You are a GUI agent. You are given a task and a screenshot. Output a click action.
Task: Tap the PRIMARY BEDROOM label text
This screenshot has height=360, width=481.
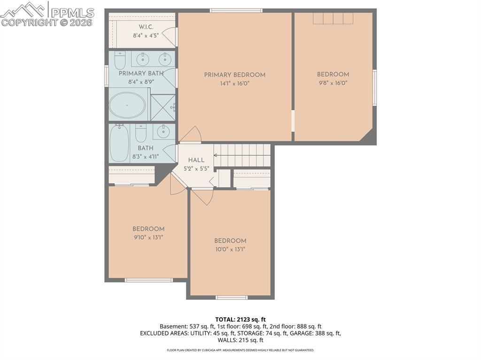[234, 75]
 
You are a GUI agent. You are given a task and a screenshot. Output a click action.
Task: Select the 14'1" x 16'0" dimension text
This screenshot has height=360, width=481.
[234, 84]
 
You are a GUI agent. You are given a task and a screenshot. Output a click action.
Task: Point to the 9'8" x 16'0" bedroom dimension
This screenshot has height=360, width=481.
[333, 83]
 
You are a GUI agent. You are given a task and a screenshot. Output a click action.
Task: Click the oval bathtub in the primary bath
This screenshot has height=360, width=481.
[127, 105]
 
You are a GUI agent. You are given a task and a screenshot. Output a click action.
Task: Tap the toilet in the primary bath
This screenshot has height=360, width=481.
[120, 60]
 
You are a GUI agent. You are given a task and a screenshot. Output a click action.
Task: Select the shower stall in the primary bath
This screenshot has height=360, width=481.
[163, 107]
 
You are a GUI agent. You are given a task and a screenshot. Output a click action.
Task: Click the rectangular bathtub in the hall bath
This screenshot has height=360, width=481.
[119, 143]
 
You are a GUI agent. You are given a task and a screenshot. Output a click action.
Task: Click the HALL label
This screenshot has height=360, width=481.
[196, 160]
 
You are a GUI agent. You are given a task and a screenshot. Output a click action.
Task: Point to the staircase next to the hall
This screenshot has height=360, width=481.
[242, 155]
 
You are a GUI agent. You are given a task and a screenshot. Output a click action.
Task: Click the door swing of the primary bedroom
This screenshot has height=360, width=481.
[191, 135]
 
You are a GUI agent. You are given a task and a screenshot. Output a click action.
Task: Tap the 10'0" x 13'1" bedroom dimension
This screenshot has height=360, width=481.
[230, 249]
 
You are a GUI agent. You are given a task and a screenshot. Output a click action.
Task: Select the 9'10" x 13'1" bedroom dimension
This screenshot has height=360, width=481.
[148, 237]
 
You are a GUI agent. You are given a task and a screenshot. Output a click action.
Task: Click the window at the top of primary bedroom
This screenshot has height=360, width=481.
[236, 10]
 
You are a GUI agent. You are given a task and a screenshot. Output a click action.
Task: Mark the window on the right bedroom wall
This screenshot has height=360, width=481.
[374, 87]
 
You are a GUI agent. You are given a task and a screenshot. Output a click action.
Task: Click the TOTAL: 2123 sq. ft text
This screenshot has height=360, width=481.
[240, 320]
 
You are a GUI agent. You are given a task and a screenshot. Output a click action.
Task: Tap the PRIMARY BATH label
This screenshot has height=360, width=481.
[141, 73]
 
